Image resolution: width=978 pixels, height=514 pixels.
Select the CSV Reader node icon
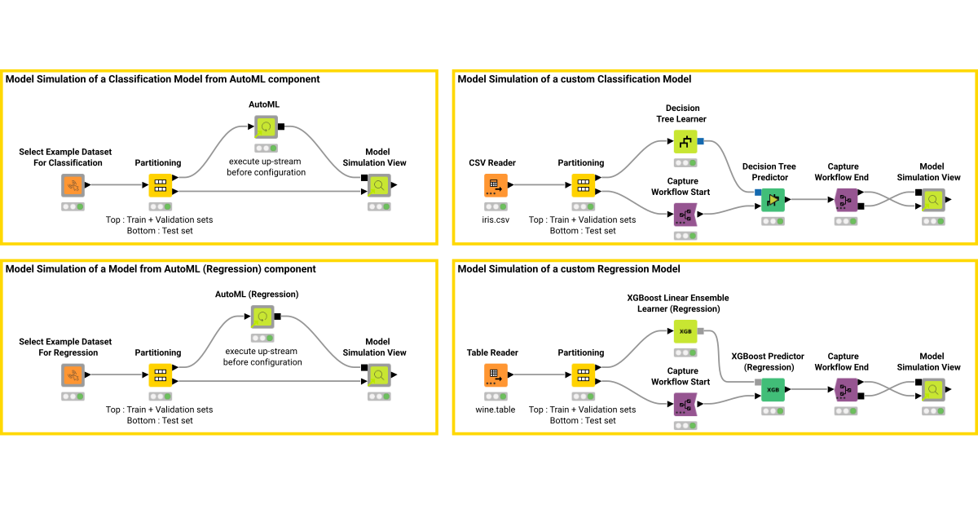click(x=496, y=185)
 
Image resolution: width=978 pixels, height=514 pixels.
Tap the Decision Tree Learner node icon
click(x=685, y=141)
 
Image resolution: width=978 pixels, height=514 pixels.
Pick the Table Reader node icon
click(x=496, y=375)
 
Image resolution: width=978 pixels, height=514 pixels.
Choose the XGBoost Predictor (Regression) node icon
click(x=773, y=390)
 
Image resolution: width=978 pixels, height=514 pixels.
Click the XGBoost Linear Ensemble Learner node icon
click(x=685, y=331)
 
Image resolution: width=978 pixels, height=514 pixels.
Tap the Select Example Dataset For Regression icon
click(x=73, y=375)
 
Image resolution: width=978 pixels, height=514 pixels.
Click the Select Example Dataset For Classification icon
click(x=73, y=185)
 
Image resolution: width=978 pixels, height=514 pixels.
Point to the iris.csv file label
click(x=496, y=219)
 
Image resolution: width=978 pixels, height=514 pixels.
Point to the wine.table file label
click(x=496, y=410)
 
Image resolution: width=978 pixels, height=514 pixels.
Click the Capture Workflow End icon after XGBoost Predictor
click(x=846, y=390)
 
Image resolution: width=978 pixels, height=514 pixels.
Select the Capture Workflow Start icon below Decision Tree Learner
click(x=685, y=215)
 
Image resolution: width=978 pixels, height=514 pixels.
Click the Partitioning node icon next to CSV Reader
click(x=583, y=185)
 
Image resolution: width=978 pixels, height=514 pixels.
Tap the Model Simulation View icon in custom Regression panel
click(x=932, y=390)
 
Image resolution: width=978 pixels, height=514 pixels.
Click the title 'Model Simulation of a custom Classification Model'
click(x=574, y=79)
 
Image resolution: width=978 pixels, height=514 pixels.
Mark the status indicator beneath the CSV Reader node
click(x=496, y=206)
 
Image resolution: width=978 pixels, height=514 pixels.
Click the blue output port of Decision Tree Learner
click(x=700, y=141)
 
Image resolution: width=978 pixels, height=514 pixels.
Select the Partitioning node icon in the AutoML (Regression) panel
click(x=160, y=375)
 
